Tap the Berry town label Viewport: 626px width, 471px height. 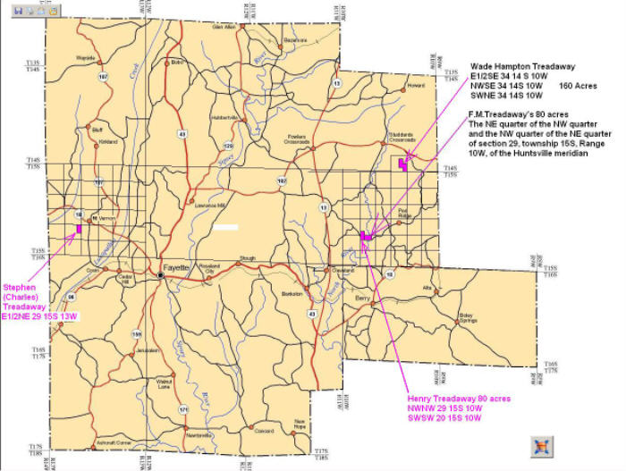coord(362,297)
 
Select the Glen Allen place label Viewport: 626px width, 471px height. coord(224,27)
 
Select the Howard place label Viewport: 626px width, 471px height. coord(415,85)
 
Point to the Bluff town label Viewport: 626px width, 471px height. coord(97,128)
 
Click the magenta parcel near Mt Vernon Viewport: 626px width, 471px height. coord(80,229)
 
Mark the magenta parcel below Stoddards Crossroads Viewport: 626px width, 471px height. coord(402,163)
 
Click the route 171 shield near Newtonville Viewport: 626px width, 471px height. coord(183,408)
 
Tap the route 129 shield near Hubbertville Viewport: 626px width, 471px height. coord(228,145)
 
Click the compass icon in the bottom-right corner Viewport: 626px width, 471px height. coord(540,446)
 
